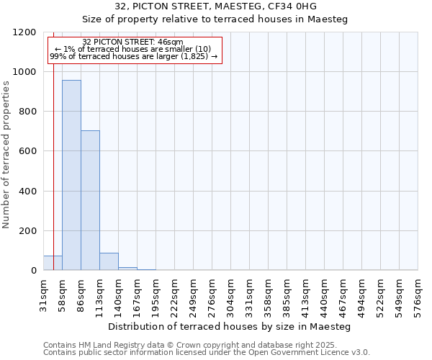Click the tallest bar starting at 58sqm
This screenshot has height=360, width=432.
tap(71, 175)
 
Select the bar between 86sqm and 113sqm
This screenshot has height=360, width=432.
tap(90, 200)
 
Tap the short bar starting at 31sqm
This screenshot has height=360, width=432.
tap(53, 263)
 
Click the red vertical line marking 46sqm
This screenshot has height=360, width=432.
tap(53, 158)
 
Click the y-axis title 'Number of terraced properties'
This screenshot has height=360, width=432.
tap(6, 155)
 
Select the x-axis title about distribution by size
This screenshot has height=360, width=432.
tap(233, 326)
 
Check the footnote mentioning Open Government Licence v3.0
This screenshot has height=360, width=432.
tap(207, 353)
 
